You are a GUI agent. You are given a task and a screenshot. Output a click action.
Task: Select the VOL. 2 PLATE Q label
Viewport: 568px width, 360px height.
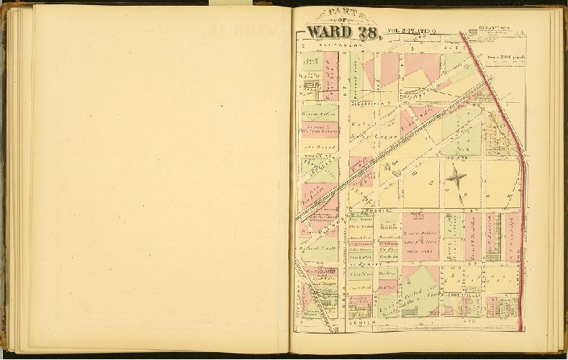pos(412,31)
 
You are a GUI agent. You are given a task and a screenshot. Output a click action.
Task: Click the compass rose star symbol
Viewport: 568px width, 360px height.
pos(455,176)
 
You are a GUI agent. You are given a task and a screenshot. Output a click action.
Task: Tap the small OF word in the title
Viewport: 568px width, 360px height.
pos(342,21)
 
